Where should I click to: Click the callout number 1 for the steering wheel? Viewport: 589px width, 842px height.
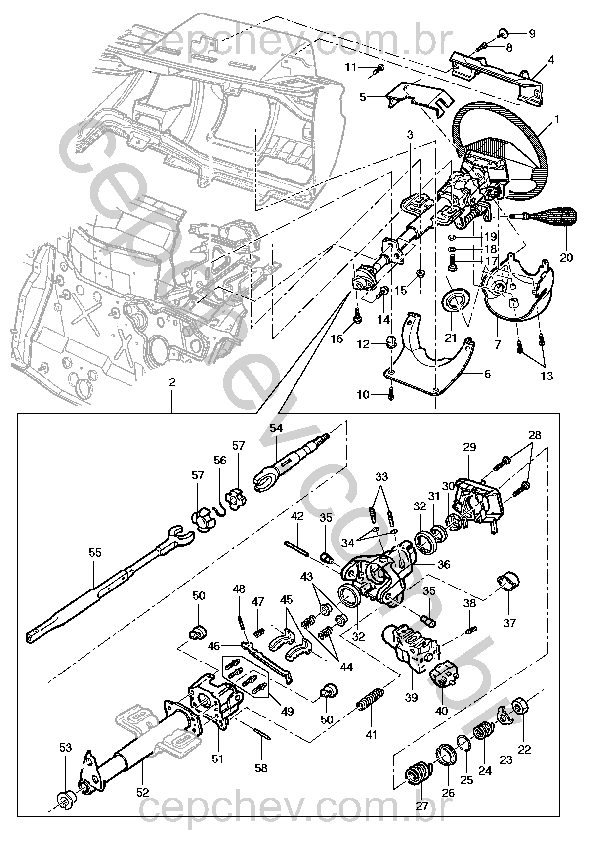click(x=557, y=119)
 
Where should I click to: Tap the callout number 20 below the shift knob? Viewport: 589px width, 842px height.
click(x=566, y=257)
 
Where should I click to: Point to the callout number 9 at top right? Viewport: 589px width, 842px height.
click(x=532, y=34)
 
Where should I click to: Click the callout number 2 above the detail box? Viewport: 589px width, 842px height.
click(x=172, y=382)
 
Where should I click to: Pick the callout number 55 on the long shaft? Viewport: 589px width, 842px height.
click(x=95, y=552)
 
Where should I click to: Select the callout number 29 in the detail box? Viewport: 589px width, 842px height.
click(x=469, y=448)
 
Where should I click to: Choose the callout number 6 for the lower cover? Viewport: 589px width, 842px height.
click(x=487, y=374)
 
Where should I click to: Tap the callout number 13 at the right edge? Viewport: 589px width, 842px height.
click(x=546, y=376)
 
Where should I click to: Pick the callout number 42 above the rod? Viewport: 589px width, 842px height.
click(x=297, y=516)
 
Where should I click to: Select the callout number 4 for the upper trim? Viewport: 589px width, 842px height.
click(x=550, y=60)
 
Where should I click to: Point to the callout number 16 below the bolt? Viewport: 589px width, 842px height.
click(x=337, y=338)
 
